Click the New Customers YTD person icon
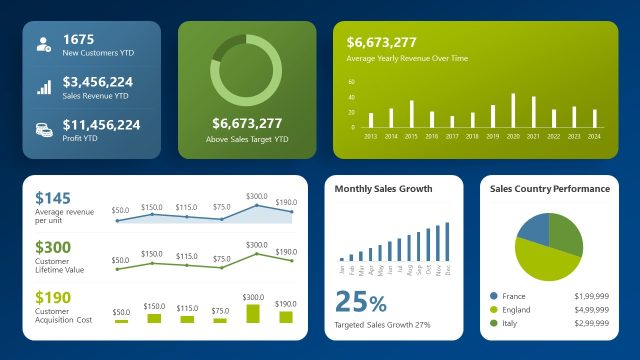click(x=44, y=44)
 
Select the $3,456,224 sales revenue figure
click(x=98, y=81)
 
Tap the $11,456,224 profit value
click(x=101, y=125)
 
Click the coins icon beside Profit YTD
click(x=44, y=130)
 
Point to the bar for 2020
click(x=513, y=111)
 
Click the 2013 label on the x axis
click(x=370, y=136)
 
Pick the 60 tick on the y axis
click(x=351, y=82)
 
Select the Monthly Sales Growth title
click(x=383, y=189)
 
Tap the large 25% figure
click(x=361, y=301)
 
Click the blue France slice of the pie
click(x=534, y=229)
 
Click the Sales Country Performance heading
click(x=549, y=189)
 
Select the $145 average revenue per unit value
click(x=53, y=199)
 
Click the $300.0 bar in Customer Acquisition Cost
click(x=253, y=313)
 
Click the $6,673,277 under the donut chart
click(x=247, y=123)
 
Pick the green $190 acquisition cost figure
click(x=54, y=297)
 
